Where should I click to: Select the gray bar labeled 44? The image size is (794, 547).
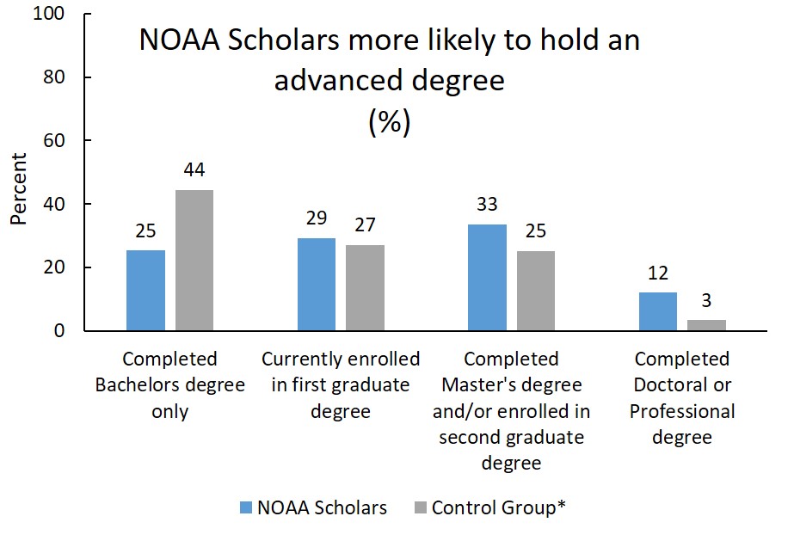pyautogui.click(x=194, y=261)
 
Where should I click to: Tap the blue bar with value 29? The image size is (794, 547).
pyautogui.click(x=316, y=285)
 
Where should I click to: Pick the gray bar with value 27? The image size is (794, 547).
pyautogui.click(x=365, y=288)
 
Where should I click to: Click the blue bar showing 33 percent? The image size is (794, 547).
pyautogui.click(x=487, y=278)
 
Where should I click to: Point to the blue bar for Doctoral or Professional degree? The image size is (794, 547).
pyautogui.click(x=657, y=311)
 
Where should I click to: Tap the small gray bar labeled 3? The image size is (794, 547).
pyautogui.click(x=706, y=325)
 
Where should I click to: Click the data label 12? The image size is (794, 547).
pyautogui.click(x=657, y=274)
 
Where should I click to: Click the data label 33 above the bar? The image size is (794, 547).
pyautogui.click(x=487, y=206)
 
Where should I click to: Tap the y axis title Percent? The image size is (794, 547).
pyautogui.click(x=19, y=189)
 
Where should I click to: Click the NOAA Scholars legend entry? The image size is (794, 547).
pyautogui.click(x=312, y=507)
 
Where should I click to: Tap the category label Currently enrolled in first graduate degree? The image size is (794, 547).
pyautogui.click(x=341, y=384)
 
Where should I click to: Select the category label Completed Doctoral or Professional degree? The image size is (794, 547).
pyautogui.click(x=682, y=397)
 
